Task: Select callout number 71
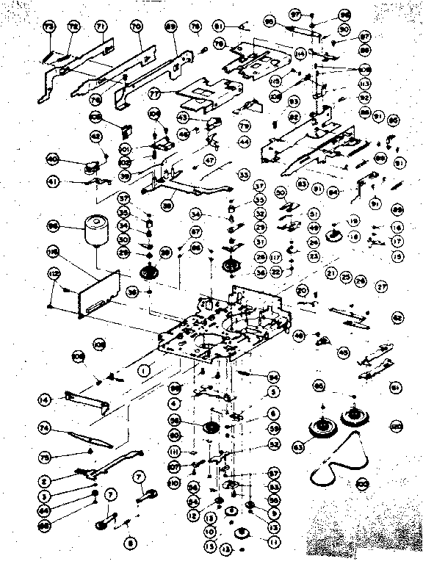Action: click(101, 27)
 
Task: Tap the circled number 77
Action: click(155, 94)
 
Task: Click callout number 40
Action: click(52, 158)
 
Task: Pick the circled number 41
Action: click(51, 181)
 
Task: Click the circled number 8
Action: click(131, 543)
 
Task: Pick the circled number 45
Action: click(341, 352)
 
